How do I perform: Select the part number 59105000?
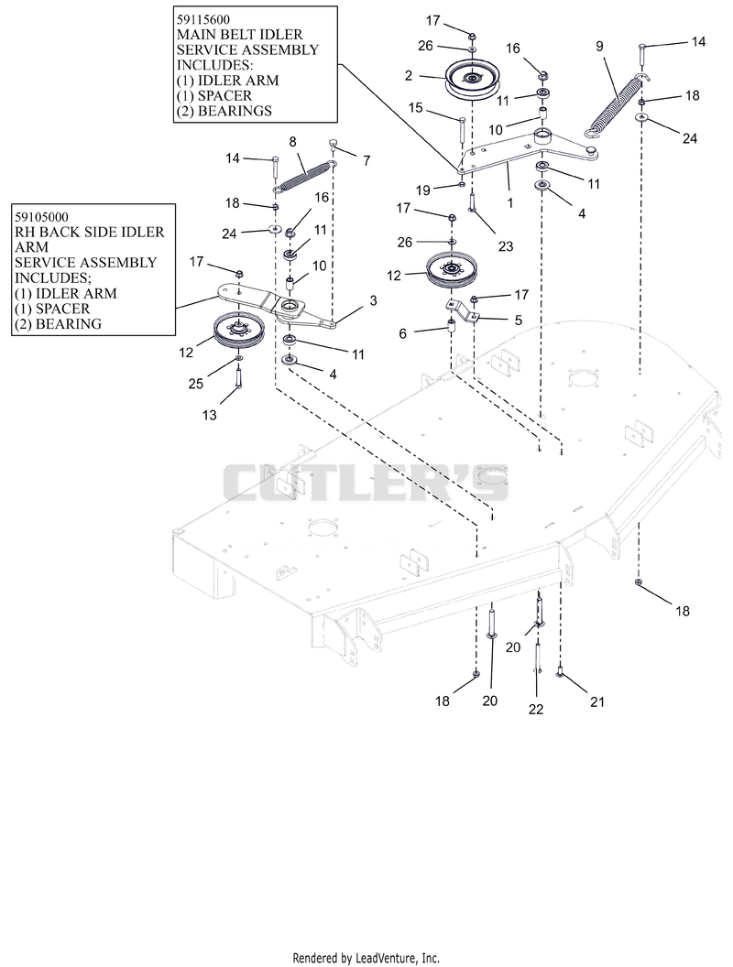[42, 217]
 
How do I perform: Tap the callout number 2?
[409, 76]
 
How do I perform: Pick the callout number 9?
[599, 47]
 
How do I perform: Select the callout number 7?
[366, 161]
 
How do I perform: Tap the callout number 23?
[506, 246]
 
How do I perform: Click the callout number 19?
[422, 190]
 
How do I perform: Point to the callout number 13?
[210, 415]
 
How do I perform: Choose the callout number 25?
[195, 384]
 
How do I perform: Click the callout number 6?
[403, 333]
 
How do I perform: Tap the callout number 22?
[536, 709]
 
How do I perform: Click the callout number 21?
[597, 701]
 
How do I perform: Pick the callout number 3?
[373, 300]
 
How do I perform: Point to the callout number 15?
[415, 108]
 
